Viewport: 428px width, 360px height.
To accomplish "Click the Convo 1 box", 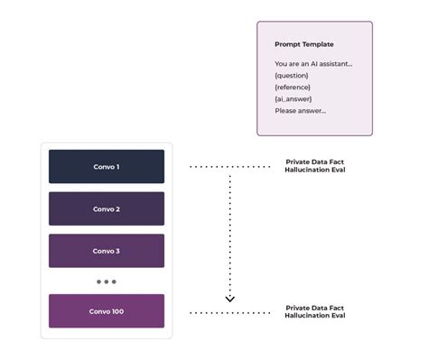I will click(106, 167).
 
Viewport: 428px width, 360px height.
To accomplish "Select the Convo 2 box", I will click(106, 208).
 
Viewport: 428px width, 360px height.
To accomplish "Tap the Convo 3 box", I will click(106, 251).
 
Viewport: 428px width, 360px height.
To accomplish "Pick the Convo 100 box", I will click(106, 311).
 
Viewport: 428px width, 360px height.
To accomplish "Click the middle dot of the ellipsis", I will click(107, 282).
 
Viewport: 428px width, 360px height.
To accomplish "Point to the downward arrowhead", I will click(229, 298).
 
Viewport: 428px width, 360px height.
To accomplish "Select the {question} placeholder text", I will click(292, 75).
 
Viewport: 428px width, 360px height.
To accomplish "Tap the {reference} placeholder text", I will click(293, 87).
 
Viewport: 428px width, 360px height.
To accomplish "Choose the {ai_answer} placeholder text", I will click(293, 98).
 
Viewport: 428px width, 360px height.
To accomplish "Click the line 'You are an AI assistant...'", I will click(313, 63).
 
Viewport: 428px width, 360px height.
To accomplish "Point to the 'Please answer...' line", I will click(301, 110).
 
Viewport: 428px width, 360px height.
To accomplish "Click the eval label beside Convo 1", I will click(315, 166).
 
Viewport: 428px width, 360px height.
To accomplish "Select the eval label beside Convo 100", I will click(315, 311).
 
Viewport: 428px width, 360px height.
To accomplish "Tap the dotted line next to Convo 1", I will click(230, 167).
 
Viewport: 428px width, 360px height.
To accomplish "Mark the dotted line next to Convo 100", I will click(230, 312).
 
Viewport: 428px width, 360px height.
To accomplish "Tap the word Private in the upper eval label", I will click(298, 162).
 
